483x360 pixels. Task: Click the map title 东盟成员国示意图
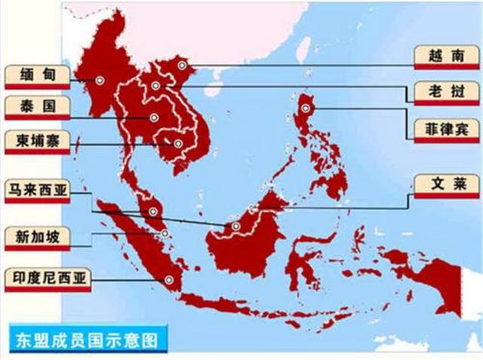pos(87,340)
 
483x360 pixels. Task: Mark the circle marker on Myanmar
pos(99,79)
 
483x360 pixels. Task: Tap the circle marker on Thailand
pos(153,118)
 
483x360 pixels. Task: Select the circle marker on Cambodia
pos(179,143)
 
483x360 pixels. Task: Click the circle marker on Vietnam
pos(182,66)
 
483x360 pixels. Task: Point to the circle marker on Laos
pos(155,86)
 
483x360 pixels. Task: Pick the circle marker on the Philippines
pos(306,108)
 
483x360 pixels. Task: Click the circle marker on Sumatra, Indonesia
pos(168,280)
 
